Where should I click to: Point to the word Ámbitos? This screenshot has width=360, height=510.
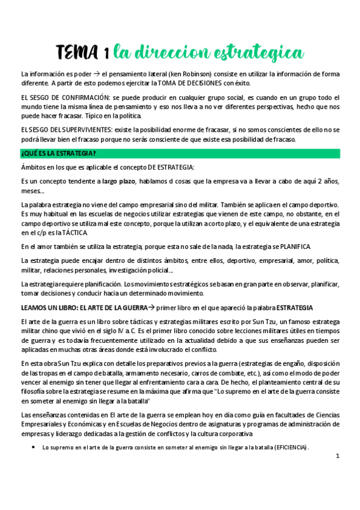pyautogui.click(x=34, y=167)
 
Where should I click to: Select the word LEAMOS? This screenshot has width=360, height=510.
pyautogui.click(x=34, y=307)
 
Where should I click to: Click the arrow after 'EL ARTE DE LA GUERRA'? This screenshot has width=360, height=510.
pyautogui.click(x=151, y=307)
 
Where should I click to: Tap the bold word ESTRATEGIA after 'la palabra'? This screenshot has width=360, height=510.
pyautogui.click(x=294, y=307)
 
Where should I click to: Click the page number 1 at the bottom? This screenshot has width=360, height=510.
pyautogui.click(x=338, y=456)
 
